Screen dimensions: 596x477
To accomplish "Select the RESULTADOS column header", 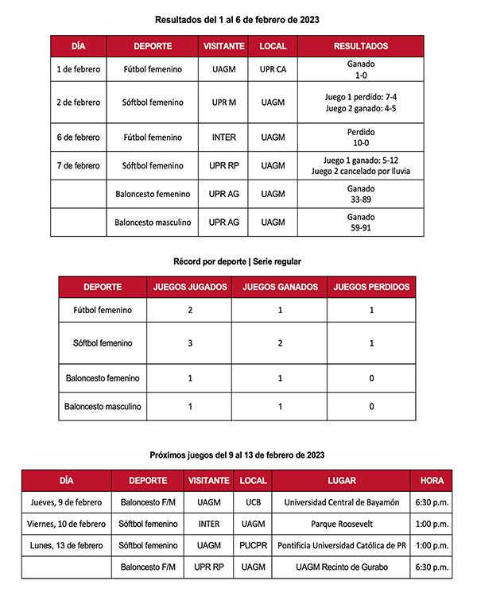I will [x=360, y=46].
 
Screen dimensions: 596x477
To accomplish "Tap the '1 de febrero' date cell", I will [x=79, y=69].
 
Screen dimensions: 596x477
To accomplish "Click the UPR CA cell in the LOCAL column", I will [x=273, y=69].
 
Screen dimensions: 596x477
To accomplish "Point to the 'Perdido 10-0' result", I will [x=360, y=137].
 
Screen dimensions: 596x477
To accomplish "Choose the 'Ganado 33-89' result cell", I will [x=360, y=194].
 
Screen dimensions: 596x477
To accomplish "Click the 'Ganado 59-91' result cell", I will [x=360, y=222].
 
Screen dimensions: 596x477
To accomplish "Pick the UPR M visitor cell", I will [x=223, y=103].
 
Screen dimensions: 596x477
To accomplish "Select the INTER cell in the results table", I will [x=223, y=137].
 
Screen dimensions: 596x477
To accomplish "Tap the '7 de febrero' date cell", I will [x=79, y=165].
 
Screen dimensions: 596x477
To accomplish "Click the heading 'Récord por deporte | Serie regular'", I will [x=237, y=261].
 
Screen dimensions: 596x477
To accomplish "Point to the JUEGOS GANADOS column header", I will [x=280, y=287].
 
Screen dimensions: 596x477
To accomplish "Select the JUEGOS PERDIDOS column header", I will [x=371, y=287].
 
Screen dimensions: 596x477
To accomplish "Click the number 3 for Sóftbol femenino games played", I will [x=190, y=343].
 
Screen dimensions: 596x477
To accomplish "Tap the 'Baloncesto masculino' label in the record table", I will [x=103, y=406].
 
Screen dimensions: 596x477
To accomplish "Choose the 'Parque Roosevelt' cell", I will [x=341, y=524].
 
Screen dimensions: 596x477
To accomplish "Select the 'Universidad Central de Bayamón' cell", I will [x=341, y=502].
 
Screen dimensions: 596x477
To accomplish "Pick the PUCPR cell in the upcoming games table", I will [x=253, y=546].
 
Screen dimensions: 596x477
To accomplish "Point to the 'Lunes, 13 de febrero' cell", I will [x=66, y=546].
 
